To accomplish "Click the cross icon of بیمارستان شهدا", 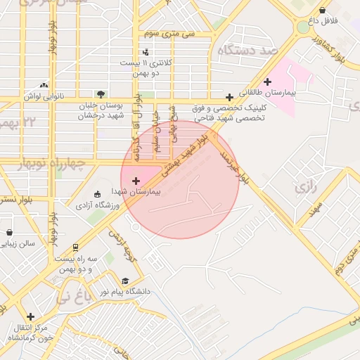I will point(136,181).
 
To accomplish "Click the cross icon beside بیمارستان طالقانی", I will point(267,82).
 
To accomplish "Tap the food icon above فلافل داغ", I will point(323,10).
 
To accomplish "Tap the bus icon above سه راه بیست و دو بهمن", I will point(75,247).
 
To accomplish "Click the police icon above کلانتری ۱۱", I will point(146,51).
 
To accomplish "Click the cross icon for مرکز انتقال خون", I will point(30,317).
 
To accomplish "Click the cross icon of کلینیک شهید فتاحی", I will point(229,97).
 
